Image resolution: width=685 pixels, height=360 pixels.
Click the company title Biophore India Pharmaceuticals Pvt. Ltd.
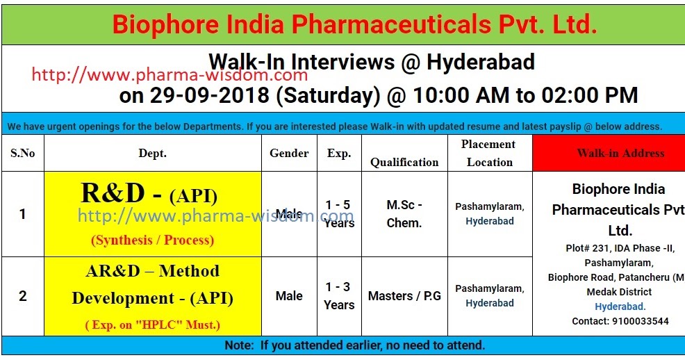point(354,24)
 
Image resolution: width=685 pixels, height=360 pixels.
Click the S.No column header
point(22,153)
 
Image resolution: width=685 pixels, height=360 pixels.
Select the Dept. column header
point(153,153)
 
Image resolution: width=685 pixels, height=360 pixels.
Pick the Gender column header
point(289,153)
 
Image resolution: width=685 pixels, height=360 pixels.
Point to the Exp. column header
point(339,153)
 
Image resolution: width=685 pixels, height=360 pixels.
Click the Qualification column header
point(404,162)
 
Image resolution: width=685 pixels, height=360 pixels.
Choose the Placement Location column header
point(489,153)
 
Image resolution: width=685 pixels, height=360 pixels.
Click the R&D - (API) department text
point(149,195)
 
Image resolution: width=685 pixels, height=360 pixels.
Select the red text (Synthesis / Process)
point(152,240)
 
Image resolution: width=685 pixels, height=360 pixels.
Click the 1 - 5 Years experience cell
point(339,214)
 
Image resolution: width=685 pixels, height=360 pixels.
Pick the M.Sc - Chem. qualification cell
point(404,214)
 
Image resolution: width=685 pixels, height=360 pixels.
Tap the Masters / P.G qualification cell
point(404,296)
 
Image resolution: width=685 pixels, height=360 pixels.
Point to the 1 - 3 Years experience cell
point(339,296)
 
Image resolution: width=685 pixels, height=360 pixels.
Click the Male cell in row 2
point(289,296)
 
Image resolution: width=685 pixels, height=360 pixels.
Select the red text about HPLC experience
point(152,325)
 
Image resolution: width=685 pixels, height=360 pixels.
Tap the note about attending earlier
point(355,345)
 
